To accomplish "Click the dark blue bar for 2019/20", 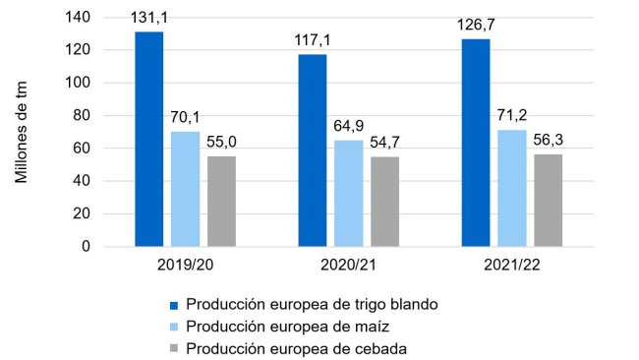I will [149, 139].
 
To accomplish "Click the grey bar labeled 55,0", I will [221, 201].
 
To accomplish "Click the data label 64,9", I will [348, 128].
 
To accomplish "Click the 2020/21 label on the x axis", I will [348, 266].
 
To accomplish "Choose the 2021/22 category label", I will [511, 266].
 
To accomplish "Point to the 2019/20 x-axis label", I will [185, 266].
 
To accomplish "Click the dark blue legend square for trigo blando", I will [176, 305].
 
